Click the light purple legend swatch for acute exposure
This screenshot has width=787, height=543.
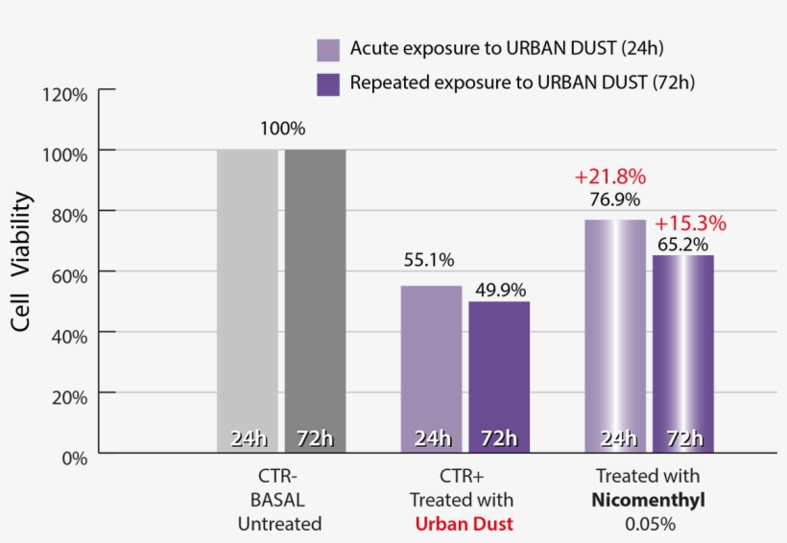pos(328,50)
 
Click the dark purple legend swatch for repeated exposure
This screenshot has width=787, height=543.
pos(328,83)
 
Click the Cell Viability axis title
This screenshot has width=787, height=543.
pos(22,261)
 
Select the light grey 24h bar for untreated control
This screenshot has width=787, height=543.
pos(247,297)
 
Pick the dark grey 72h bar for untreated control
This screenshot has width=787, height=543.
pos(315,297)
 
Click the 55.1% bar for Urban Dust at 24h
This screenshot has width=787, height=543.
pos(431,365)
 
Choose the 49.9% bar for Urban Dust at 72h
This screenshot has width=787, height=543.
pos(499,374)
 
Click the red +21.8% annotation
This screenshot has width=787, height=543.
pos(609,177)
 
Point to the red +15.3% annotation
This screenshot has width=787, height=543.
pos(690,224)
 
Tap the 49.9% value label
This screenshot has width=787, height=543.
pos(499,289)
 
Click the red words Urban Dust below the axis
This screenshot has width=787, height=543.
pos(464,524)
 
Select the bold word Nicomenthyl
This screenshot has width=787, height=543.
pos(649,500)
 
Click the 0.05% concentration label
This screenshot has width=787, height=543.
pos(650,524)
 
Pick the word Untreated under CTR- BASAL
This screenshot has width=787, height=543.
pos(279,524)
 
